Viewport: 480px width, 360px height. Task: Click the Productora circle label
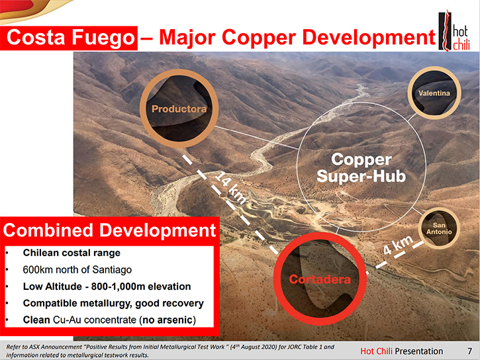179,109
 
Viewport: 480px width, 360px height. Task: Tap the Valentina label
434,93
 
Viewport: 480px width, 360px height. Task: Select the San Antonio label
439,228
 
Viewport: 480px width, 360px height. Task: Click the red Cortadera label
320,279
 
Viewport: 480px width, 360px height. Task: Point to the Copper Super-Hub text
361,168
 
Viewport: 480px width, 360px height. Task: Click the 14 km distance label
231,188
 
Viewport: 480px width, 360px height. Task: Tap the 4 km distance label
398,245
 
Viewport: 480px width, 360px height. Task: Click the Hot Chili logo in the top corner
454,30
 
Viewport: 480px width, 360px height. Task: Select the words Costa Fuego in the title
70,38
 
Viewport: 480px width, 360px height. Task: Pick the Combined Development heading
109,230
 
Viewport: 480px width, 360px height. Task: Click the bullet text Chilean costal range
72,253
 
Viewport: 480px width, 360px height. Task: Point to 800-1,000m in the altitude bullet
118,287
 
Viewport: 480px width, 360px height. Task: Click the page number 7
469,351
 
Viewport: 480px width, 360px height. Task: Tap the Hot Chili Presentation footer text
402,351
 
